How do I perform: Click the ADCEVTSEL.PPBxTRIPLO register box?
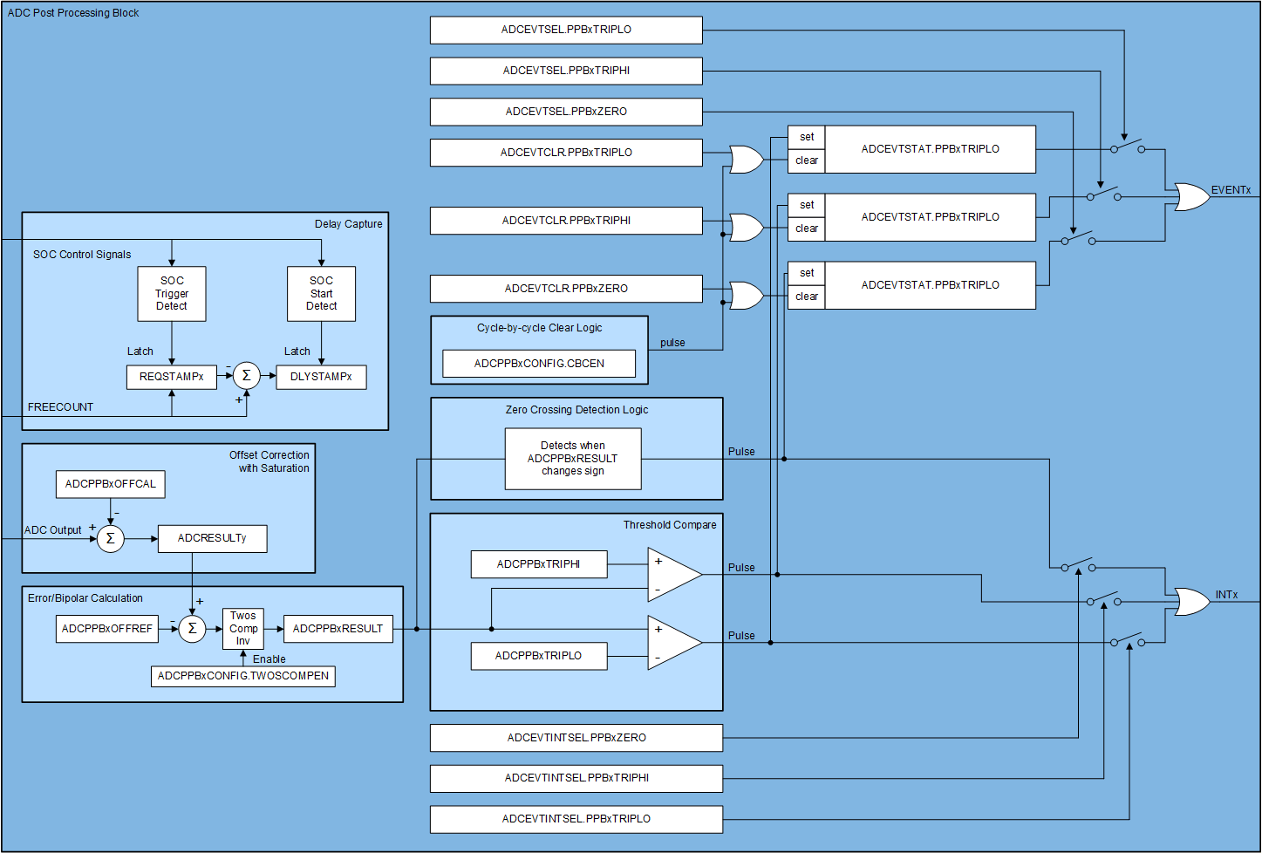click(566, 30)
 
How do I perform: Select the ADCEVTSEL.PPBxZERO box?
click(566, 112)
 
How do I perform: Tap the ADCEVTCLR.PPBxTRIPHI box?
click(566, 221)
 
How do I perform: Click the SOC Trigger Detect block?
click(172, 294)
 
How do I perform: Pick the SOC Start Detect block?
click(321, 294)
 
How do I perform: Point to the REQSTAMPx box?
click(172, 377)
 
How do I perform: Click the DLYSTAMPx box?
click(321, 377)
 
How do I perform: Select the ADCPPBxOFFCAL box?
click(111, 484)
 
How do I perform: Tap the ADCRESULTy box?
click(212, 538)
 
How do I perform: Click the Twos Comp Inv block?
click(243, 628)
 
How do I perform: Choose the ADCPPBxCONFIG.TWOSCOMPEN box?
click(243, 676)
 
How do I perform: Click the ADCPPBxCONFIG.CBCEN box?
click(539, 364)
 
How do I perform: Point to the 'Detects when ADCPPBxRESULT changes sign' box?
click(573, 459)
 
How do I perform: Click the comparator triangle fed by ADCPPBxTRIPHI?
click(672, 575)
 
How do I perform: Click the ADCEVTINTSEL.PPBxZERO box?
click(576, 738)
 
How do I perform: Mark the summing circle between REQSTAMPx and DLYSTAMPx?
click(247, 376)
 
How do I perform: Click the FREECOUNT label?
click(60, 407)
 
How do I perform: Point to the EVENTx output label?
click(1231, 190)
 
